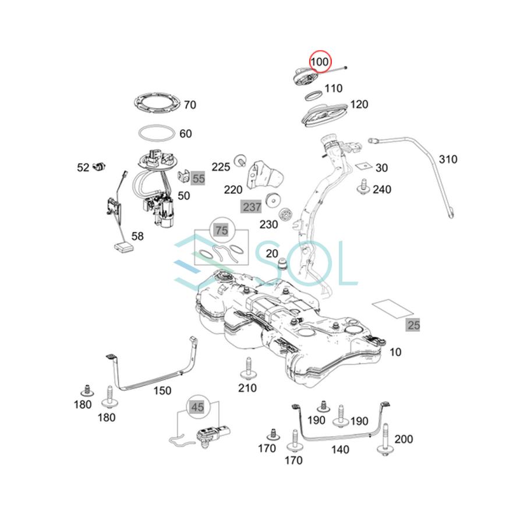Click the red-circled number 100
[319, 62]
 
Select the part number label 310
[448, 159]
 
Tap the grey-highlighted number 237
[252, 207]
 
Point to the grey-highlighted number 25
[413, 325]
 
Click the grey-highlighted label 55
[199, 179]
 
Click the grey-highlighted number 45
[197, 407]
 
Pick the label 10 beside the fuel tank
[395, 352]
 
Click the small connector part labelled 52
[100, 167]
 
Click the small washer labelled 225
[239, 159]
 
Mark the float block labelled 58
[123, 247]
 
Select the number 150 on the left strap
[162, 391]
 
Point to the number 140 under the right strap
[340, 449]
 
